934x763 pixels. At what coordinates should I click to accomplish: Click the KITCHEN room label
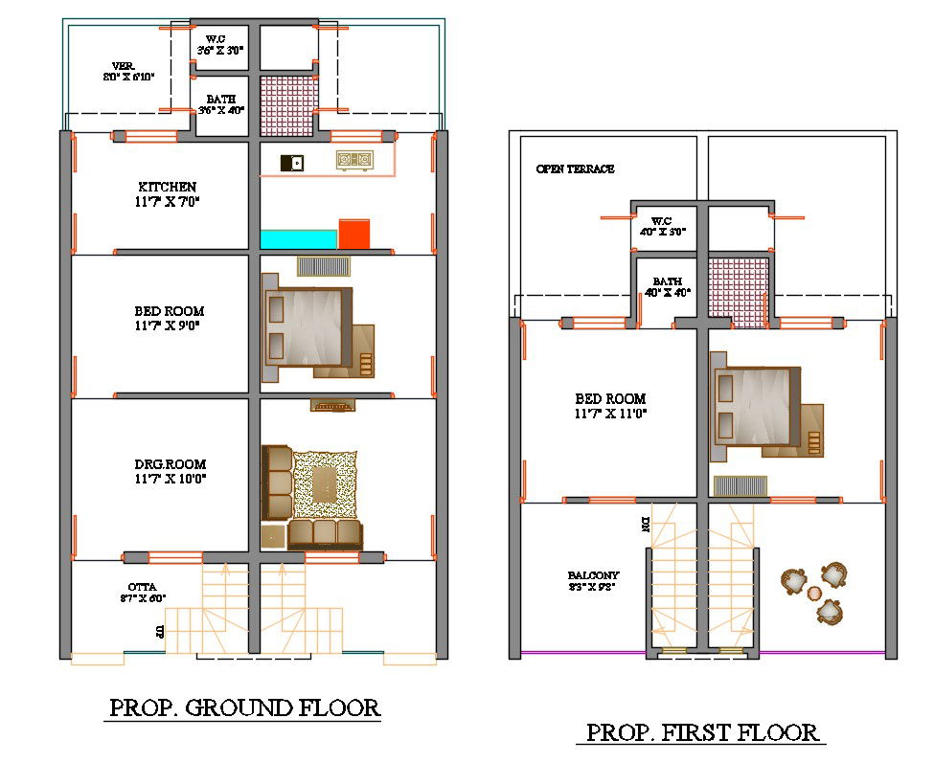[168, 187]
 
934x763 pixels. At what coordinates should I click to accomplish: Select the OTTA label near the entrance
[143, 587]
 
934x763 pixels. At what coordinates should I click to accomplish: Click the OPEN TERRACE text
[575, 169]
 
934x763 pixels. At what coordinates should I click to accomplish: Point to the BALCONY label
[592, 575]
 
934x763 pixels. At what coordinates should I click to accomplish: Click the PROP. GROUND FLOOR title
[245, 708]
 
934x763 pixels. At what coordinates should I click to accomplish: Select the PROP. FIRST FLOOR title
[704, 733]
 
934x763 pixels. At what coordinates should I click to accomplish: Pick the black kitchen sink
[291, 164]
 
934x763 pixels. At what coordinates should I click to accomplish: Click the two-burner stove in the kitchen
[353, 161]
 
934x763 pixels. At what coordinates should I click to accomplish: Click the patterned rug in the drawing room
[325, 484]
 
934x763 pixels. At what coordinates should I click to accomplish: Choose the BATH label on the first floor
[668, 281]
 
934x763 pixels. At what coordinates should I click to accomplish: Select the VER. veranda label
[123, 66]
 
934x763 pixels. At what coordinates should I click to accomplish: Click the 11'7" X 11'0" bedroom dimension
[611, 414]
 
